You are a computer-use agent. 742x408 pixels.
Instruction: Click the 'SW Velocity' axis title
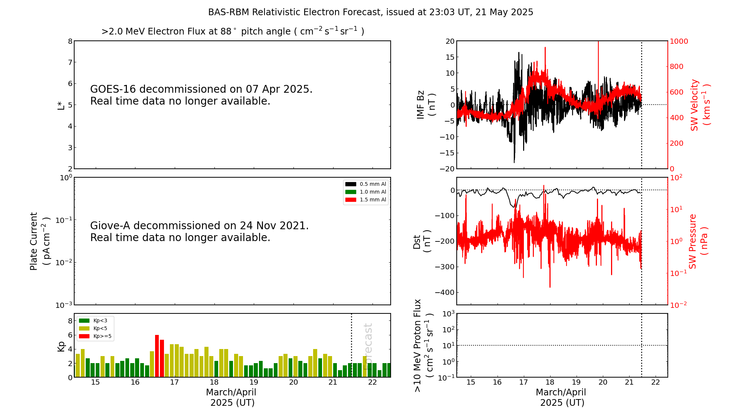(x=695, y=105)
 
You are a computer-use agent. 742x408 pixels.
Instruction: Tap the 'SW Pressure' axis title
(x=693, y=241)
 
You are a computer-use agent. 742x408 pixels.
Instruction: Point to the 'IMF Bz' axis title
(x=420, y=105)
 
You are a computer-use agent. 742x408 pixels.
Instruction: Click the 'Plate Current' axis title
(x=34, y=241)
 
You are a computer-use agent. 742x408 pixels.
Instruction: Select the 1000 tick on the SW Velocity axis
(x=679, y=42)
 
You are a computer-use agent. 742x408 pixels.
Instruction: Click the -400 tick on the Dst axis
(x=444, y=292)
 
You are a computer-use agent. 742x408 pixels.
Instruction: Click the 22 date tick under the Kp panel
(x=372, y=382)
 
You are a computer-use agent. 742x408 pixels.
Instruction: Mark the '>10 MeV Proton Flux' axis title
(x=418, y=345)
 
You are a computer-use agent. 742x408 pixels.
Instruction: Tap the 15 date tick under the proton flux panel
(x=471, y=382)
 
